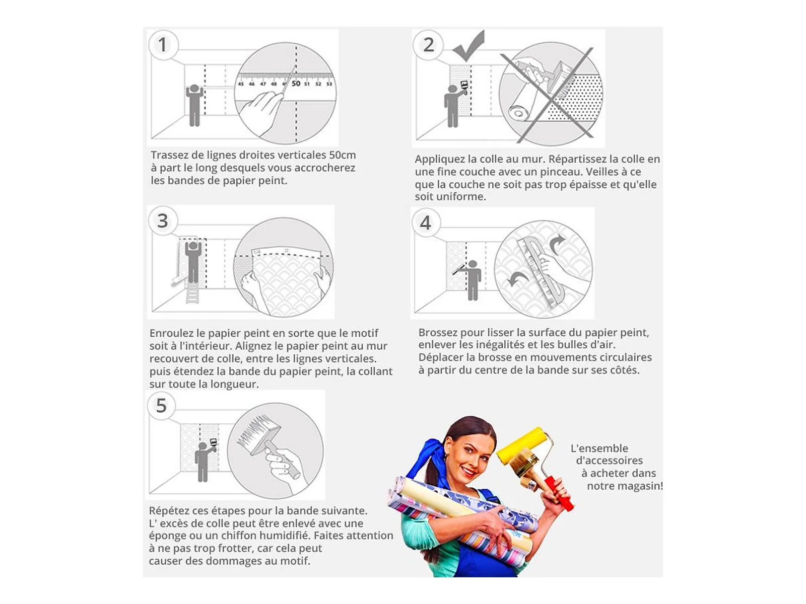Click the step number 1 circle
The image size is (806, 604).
[x=163, y=45]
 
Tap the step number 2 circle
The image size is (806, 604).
[x=428, y=45]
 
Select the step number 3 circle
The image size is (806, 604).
[x=163, y=221]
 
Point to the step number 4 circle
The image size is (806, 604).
[x=426, y=222]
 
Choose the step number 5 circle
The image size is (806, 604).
[x=161, y=406]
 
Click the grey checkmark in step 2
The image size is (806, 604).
[x=469, y=45]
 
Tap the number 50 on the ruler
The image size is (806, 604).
[x=296, y=84]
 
